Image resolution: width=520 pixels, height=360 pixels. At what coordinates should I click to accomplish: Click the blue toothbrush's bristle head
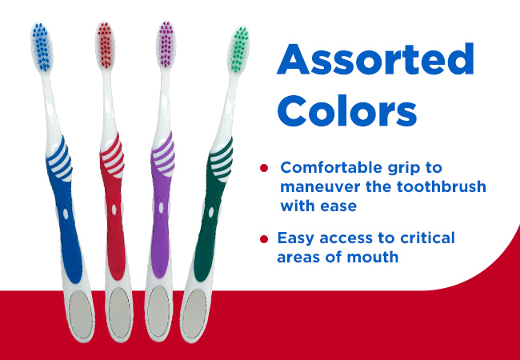(x=42, y=47)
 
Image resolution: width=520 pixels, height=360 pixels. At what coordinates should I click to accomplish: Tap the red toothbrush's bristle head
(x=106, y=46)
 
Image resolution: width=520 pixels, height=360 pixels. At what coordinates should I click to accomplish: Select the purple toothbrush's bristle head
(x=166, y=45)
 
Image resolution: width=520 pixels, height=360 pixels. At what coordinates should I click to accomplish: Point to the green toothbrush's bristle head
(x=238, y=50)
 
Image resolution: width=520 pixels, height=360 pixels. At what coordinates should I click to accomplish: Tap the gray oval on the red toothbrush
(x=119, y=313)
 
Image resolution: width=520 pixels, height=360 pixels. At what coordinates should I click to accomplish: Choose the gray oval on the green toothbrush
(x=194, y=314)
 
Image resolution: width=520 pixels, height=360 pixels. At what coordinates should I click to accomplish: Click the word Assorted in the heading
(x=375, y=59)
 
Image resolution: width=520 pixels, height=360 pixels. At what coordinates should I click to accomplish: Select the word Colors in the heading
(x=346, y=110)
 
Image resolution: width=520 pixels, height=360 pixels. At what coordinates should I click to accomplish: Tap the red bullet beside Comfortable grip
(x=264, y=168)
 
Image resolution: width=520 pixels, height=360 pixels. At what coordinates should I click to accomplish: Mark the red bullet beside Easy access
(x=264, y=239)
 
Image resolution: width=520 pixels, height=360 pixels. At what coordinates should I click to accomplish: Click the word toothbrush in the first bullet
(x=442, y=186)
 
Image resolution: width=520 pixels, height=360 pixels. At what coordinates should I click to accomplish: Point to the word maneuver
(x=320, y=187)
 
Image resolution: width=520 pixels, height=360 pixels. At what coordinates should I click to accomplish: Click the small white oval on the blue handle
(x=66, y=214)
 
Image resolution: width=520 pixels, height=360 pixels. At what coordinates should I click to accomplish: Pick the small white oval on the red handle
(x=114, y=210)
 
